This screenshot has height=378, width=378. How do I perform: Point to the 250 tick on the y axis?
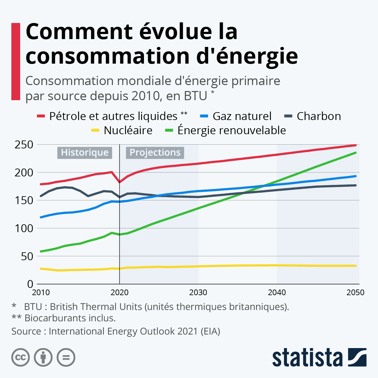(24, 145)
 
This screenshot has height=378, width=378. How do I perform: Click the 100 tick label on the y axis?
(24, 228)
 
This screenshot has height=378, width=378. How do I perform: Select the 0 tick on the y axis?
(30, 284)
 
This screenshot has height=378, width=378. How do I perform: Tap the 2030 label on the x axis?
(198, 293)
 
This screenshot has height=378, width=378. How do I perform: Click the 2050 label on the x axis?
(355, 293)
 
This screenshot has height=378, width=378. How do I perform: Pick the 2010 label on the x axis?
(41, 293)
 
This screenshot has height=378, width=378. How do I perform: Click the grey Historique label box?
(85, 152)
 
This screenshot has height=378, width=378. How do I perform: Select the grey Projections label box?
(155, 152)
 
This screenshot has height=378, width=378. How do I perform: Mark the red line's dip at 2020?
(120, 182)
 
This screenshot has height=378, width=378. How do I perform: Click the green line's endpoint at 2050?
(356, 153)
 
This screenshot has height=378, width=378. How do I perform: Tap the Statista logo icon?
(357, 357)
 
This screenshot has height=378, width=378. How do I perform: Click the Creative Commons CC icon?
(20, 358)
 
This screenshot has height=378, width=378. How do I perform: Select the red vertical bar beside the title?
(16, 61)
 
